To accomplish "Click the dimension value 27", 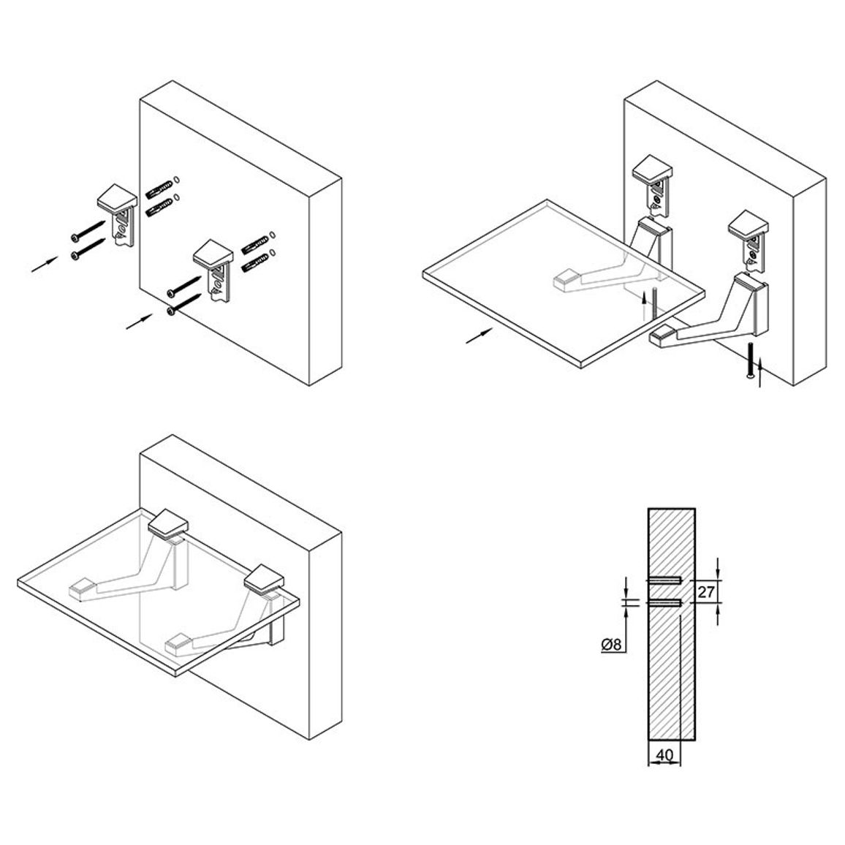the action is (x=705, y=592).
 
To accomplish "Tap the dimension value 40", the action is (x=664, y=755).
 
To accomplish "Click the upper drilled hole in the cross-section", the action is (x=665, y=580).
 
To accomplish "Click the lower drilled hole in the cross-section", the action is (x=665, y=603).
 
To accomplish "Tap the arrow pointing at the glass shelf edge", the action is (x=479, y=336).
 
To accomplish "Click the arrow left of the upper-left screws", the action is (x=45, y=264).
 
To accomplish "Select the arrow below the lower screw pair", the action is (x=139, y=322).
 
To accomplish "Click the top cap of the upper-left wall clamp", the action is (x=117, y=198).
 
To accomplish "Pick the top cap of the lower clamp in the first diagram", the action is (x=213, y=254).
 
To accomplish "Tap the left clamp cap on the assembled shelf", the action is (x=168, y=523).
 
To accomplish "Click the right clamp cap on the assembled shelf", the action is (x=264, y=579).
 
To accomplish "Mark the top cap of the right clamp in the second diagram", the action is (x=749, y=224).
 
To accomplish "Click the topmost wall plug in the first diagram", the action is (x=159, y=188).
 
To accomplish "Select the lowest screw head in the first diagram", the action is (x=171, y=311).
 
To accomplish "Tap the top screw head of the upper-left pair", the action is (x=75, y=238).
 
